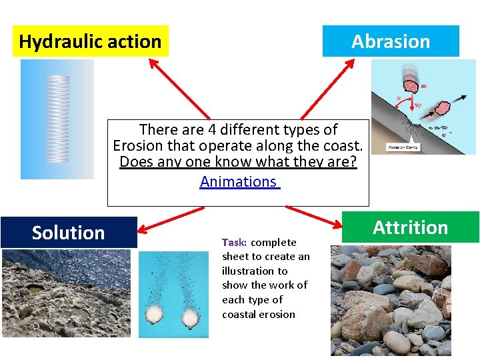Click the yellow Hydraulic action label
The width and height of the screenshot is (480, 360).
(90, 41)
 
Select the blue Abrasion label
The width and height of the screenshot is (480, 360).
(391, 41)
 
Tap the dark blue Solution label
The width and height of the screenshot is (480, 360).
(69, 233)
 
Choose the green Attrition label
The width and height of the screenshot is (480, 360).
(410, 227)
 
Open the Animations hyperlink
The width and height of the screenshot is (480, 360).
(239, 181)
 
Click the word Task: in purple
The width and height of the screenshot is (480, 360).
(235, 243)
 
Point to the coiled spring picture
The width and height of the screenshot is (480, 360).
(57, 119)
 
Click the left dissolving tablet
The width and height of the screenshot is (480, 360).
(156, 315)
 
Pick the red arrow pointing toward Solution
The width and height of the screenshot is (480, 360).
(170, 221)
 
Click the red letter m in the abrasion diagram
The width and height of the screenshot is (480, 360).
(424, 85)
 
